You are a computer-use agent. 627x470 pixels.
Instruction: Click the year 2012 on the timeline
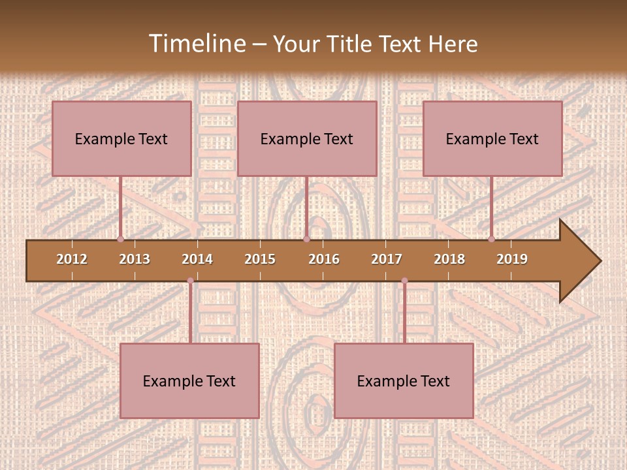(x=72, y=259)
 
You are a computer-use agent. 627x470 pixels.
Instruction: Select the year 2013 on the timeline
(x=135, y=259)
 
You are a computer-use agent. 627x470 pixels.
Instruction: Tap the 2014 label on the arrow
(x=197, y=259)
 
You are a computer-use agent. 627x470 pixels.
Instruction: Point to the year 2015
(x=260, y=259)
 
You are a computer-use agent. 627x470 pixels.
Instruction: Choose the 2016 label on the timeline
(x=324, y=259)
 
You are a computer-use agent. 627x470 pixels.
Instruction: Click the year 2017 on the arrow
(x=387, y=259)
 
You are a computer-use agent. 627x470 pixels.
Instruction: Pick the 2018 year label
(x=449, y=259)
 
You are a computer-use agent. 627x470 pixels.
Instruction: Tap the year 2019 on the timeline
(x=512, y=259)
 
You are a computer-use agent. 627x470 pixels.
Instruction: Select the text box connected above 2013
(x=121, y=139)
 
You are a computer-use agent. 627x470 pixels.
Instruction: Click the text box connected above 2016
(x=307, y=139)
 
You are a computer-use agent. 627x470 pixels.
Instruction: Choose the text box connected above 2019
(x=492, y=139)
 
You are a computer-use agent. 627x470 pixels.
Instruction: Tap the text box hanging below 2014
(x=189, y=381)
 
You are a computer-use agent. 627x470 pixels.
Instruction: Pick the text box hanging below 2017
(x=404, y=381)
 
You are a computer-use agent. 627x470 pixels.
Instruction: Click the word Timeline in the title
(x=197, y=44)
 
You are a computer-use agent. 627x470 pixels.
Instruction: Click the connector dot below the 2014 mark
(x=190, y=281)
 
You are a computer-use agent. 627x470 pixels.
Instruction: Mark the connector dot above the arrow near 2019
(x=492, y=239)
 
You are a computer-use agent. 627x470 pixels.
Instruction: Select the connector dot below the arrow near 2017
(x=404, y=281)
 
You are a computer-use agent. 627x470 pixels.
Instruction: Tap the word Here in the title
(x=453, y=44)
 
